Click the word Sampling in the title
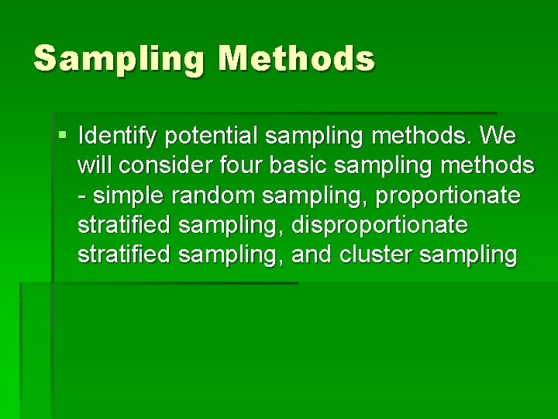tap(119, 59)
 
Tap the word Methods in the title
tap(296, 59)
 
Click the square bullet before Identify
tap(63, 137)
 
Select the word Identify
tap(116, 137)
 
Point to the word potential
tap(210, 137)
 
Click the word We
tap(498, 137)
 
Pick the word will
tap(94, 166)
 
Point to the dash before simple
tap(82, 196)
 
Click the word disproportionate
tap(380, 225)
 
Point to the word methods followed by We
tap(422, 137)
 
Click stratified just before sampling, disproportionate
tap(125, 225)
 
